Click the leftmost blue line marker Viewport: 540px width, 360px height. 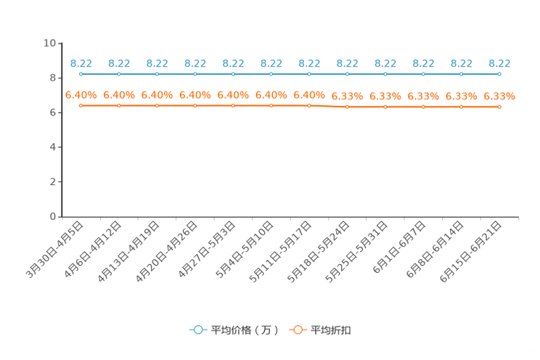coord(81,73)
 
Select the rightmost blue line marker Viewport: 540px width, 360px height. coord(499,73)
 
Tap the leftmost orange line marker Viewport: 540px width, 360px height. coord(81,106)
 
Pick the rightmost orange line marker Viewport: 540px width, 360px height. coord(499,107)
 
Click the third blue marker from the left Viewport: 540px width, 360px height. coord(157,73)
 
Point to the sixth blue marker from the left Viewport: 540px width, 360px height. coord(271,73)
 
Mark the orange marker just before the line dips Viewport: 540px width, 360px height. coord(309,106)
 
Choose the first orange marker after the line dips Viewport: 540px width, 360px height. coord(347,107)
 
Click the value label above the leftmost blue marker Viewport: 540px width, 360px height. coord(81,63)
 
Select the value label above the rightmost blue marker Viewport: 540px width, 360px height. coord(499,63)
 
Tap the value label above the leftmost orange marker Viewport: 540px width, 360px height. coord(81,95)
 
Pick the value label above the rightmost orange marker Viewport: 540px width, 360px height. coord(499,96)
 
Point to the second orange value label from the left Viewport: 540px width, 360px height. coord(119,95)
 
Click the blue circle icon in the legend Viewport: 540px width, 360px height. coord(197,330)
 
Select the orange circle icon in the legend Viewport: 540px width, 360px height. coord(298,330)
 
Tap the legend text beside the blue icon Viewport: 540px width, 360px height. coord(245,330)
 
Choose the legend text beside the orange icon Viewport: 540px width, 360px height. coord(331,330)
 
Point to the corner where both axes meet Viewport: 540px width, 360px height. coord(62,216)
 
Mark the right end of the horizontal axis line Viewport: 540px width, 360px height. coord(520,216)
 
